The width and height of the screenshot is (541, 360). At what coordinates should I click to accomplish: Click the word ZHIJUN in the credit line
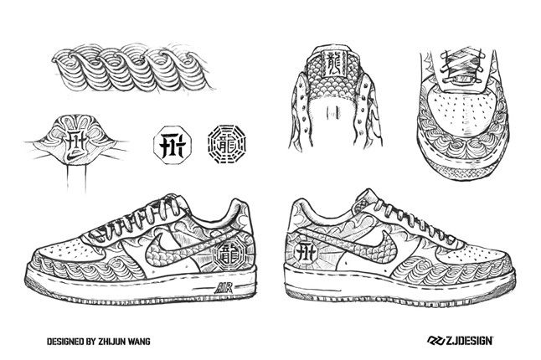point(111,341)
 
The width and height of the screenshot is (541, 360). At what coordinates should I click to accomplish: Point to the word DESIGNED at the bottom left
point(50,341)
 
